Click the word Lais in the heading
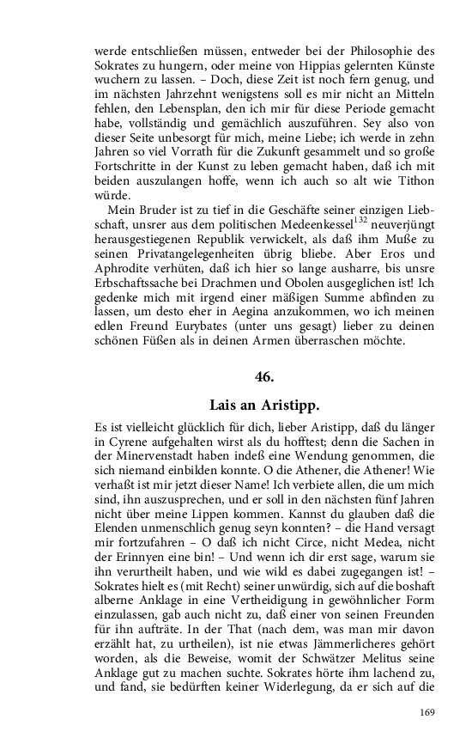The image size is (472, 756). [x=225, y=405]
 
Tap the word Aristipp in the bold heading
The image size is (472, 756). [x=288, y=405]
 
